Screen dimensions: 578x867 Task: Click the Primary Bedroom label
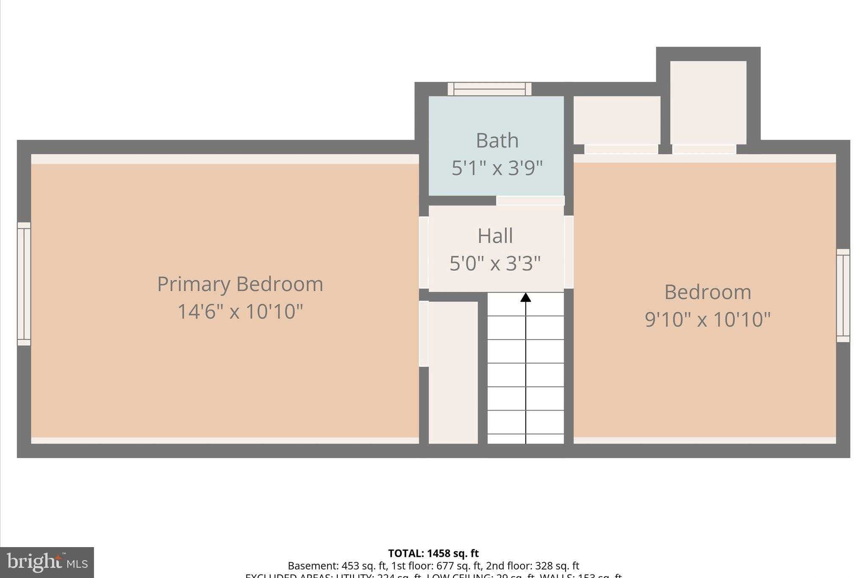(240, 284)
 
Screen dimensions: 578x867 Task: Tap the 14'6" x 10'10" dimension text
(240, 312)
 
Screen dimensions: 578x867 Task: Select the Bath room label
(497, 141)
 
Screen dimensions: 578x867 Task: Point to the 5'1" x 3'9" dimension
(497, 168)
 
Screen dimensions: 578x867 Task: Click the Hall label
(495, 236)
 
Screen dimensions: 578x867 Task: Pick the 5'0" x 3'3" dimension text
(495, 263)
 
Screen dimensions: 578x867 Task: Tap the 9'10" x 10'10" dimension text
(707, 319)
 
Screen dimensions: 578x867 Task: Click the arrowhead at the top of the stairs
(526, 297)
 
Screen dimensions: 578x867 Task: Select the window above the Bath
(489, 89)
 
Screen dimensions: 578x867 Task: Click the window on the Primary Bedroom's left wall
(24, 284)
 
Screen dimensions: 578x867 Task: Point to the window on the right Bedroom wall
(843, 295)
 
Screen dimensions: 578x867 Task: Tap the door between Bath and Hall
(530, 201)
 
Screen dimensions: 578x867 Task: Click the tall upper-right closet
(708, 102)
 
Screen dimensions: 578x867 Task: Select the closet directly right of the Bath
(617, 120)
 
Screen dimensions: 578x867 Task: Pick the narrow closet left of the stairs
(453, 373)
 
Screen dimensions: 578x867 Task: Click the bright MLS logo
(47, 562)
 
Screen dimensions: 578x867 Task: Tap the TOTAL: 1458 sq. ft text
(433, 553)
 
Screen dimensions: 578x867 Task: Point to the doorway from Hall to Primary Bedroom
(424, 252)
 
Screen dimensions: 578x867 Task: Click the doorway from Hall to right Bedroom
(569, 252)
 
